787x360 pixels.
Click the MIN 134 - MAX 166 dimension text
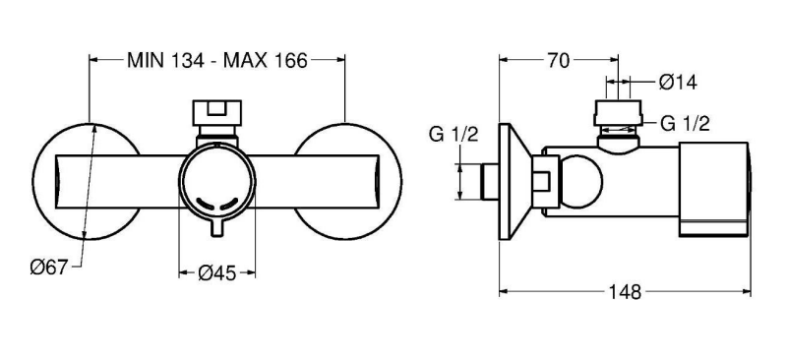216,60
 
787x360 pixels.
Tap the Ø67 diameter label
48,268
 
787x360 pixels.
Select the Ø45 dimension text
216,272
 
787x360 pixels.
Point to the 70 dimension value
558,61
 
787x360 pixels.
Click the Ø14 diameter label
678,82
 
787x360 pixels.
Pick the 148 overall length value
625,292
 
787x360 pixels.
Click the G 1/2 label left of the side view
454,135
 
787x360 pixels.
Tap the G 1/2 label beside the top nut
685,123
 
